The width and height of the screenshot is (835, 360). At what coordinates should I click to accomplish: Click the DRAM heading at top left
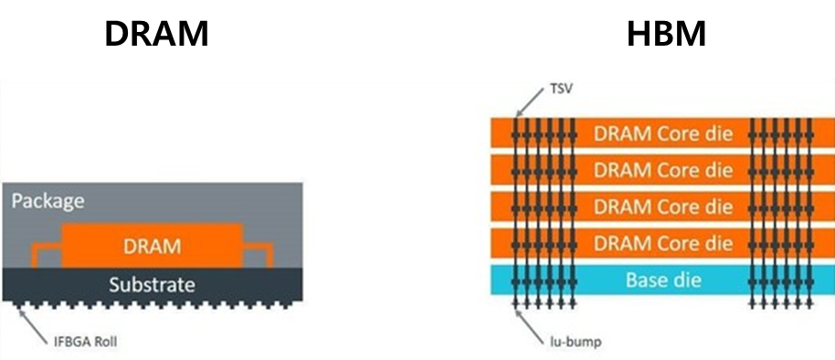coord(156,34)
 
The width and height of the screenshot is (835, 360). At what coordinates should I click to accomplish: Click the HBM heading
coord(666,34)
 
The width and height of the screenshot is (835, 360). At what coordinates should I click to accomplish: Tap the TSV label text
coord(561,89)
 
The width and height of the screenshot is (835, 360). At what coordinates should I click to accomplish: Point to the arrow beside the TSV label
coord(530,102)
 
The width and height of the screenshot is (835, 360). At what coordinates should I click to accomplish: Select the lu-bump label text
coord(576,341)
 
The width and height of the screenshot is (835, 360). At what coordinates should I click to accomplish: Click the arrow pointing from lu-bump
coord(530,323)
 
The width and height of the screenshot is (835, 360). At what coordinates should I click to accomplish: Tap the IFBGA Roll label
coord(85,341)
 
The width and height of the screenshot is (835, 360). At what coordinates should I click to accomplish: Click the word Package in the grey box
coord(48,202)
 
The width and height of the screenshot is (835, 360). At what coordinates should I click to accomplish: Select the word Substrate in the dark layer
coord(153,285)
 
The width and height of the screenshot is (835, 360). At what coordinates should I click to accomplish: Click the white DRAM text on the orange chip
coord(153,247)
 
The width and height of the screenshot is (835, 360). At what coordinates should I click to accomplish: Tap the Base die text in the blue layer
coord(663,280)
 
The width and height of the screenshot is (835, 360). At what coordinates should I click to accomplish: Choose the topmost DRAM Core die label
coord(663,133)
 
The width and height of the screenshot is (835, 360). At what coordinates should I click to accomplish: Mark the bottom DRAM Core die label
coord(663,243)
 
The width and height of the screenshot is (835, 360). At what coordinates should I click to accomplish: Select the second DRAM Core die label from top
coord(663,170)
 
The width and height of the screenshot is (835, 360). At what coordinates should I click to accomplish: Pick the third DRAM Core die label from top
coord(663,206)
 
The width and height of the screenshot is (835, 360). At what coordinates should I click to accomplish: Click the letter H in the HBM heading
coord(638,34)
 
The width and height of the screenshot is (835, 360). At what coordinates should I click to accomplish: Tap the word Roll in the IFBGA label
coord(105,341)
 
